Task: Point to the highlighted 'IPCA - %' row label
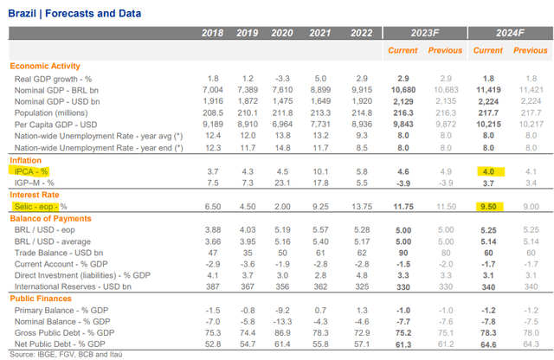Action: pyautogui.click(x=31, y=172)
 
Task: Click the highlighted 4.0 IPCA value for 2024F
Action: pyautogui.click(x=489, y=172)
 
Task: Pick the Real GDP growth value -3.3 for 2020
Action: pyautogui.click(x=280, y=78)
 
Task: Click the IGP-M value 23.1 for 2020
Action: pyautogui.click(x=280, y=183)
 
